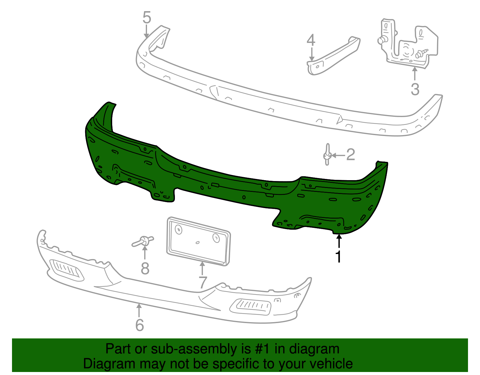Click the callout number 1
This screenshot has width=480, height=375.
point(338,256)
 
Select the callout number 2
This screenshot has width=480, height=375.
point(350,154)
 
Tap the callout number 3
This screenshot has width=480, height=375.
point(415,89)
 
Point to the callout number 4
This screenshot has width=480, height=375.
point(311,41)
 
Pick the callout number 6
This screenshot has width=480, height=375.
point(139,325)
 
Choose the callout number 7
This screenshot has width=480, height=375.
point(203,283)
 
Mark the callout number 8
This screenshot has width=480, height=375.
point(145,268)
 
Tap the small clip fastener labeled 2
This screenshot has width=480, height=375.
point(327,154)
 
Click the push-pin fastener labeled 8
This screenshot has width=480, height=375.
point(143,241)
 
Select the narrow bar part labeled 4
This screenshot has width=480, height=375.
point(333,56)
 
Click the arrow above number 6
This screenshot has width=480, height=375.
point(139,311)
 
